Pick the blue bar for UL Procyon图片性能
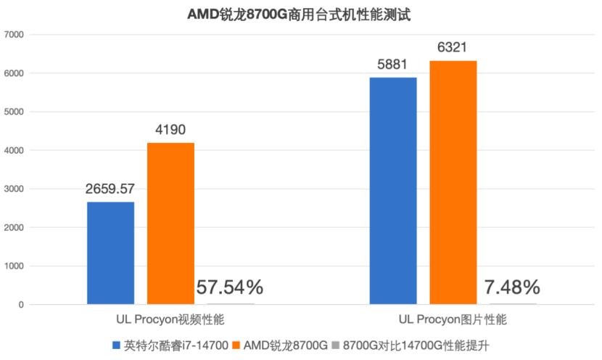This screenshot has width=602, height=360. (393, 190)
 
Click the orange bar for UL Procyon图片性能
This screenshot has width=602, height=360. (453, 182)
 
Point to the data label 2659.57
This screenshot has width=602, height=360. (110, 189)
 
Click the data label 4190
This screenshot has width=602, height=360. (170, 131)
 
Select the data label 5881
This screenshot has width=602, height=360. (393, 65)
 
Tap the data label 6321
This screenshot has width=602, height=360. (453, 48)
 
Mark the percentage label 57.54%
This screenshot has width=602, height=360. (229, 287)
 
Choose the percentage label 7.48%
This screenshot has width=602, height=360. (512, 287)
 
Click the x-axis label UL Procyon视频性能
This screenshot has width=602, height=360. (171, 319)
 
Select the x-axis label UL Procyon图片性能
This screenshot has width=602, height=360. (453, 319)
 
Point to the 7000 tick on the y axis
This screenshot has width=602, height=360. (14, 34)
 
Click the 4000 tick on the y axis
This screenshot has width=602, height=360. (14, 150)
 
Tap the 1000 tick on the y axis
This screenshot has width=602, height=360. (14, 266)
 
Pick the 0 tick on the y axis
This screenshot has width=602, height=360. (21, 305)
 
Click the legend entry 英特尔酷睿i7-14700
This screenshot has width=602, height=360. (171, 344)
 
